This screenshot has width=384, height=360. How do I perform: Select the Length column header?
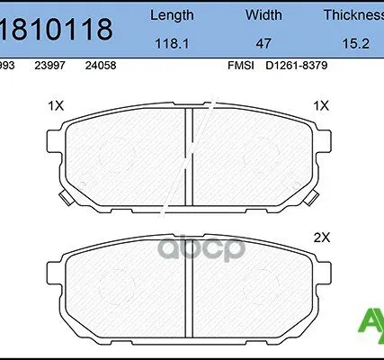pyautogui.click(x=170, y=16)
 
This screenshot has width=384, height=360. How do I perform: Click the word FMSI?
pyautogui.click(x=241, y=65)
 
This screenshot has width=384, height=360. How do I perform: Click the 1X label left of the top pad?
pyautogui.click(x=56, y=105)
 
